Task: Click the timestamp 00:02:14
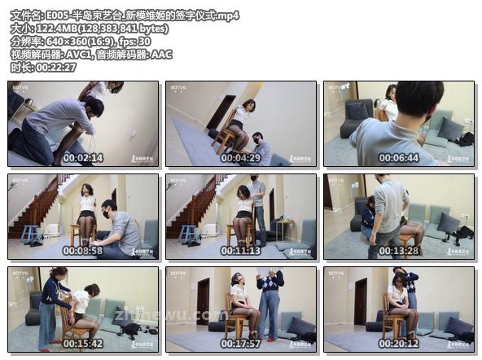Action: click(x=84, y=158)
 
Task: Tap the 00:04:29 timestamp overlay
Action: click(x=241, y=158)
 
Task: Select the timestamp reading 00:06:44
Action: click(x=398, y=158)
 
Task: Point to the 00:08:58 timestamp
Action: click(x=84, y=251)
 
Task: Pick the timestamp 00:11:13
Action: click(x=241, y=251)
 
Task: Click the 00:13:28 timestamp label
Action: click(x=398, y=251)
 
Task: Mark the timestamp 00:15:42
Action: click(x=84, y=344)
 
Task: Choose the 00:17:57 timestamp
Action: click(x=241, y=344)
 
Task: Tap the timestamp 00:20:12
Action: click(x=398, y=344)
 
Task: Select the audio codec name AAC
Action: click(x=160, y=55)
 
